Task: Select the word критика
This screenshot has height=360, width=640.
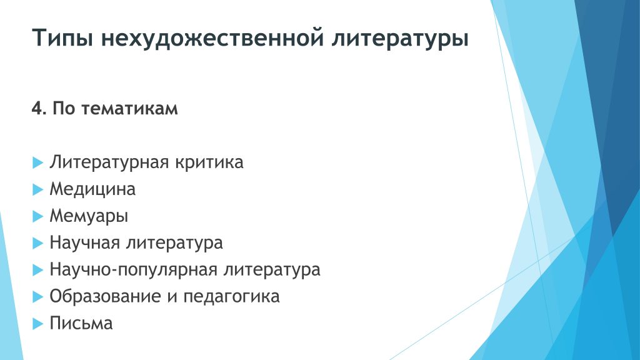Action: click(209, 162)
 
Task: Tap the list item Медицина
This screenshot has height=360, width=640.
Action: click(92, 189)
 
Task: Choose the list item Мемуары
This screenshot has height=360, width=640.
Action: click(89, 216)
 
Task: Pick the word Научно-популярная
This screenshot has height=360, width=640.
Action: click(134, 270)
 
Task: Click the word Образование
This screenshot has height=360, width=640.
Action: click(105, 297)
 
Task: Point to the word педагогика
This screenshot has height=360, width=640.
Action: click(231, 297)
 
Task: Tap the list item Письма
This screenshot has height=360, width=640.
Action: click(81, 323)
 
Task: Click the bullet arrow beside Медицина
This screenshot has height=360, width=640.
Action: click(38, 189)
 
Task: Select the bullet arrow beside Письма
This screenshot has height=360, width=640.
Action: click(38, 324)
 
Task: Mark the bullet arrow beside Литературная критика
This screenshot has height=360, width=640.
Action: click(38, 162)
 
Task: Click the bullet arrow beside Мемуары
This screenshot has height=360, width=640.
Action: click(38, 216)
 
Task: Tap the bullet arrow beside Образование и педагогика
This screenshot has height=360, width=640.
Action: click(38, 297)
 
